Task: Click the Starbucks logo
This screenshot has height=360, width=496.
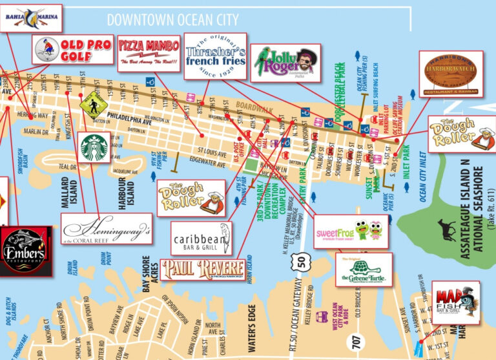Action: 95,147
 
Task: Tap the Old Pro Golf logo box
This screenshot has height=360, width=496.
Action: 72,48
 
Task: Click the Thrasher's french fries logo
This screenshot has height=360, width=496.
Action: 216,56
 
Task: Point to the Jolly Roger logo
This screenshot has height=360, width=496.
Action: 285,63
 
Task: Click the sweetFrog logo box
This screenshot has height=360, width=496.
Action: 351,231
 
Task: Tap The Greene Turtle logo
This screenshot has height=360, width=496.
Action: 363,270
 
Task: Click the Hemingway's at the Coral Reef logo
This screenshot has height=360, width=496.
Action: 107,229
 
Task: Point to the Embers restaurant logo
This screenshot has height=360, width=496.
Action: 25,251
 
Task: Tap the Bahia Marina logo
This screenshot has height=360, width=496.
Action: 30,17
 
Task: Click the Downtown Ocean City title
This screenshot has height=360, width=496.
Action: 172,20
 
